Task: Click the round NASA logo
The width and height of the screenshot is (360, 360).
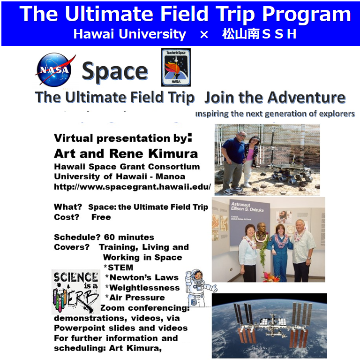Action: (x=55, y=69)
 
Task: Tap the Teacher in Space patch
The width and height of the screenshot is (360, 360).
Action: (x=176, y=67)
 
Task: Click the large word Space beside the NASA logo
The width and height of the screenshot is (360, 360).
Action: (x=115, y=71)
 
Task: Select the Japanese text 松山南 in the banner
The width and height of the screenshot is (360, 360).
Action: (x=240, y=34)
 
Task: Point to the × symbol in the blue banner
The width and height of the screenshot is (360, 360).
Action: (x=204, y=35)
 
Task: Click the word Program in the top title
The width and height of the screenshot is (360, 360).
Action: (x=307, y=15)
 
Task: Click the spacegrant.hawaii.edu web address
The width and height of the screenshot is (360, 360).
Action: (x=132, y=187)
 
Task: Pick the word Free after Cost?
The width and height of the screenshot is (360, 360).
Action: (x=101, y=217)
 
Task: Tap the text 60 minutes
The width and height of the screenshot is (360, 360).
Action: (x=129, y=237)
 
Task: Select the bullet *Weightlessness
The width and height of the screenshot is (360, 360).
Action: (x=142, y=288)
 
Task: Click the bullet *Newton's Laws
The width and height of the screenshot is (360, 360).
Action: (x=142, y=277)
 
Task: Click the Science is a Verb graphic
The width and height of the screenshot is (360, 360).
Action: (x=75, y=292)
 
